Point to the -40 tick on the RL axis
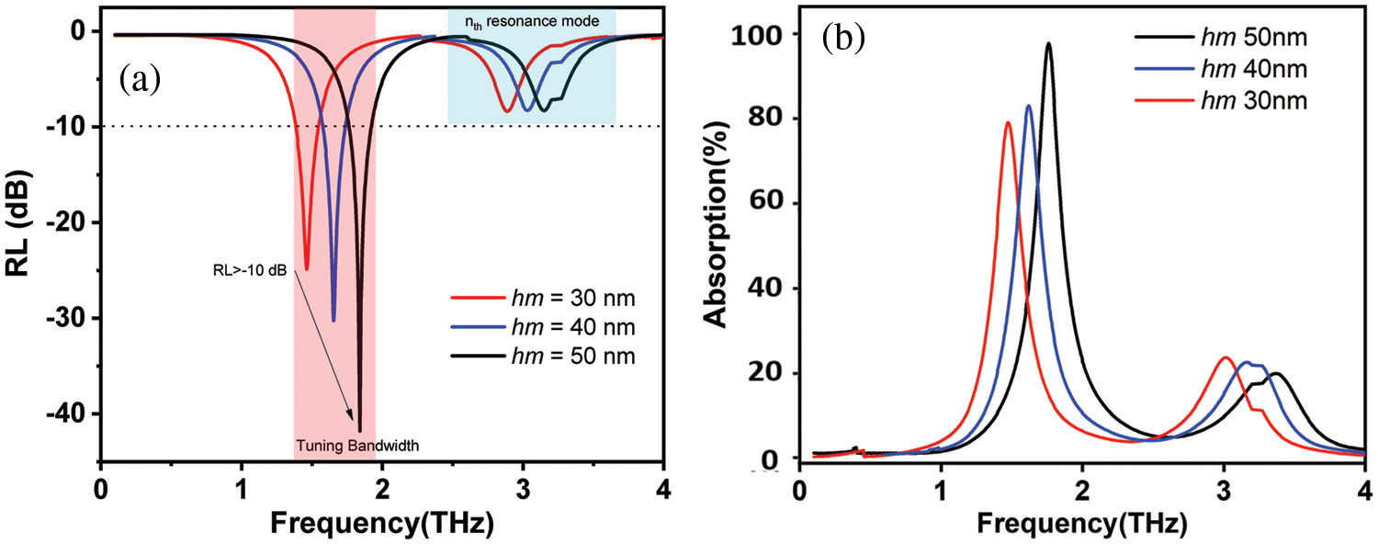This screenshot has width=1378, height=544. [x=67, y=414]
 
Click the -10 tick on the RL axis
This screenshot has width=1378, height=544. [x=67, y=127]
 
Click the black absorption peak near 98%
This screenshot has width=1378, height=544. [x=1048, y=43]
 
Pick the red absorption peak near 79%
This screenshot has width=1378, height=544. [x=1008, y=123]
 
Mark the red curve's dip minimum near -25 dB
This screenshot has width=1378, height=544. [x=307, y=269]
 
